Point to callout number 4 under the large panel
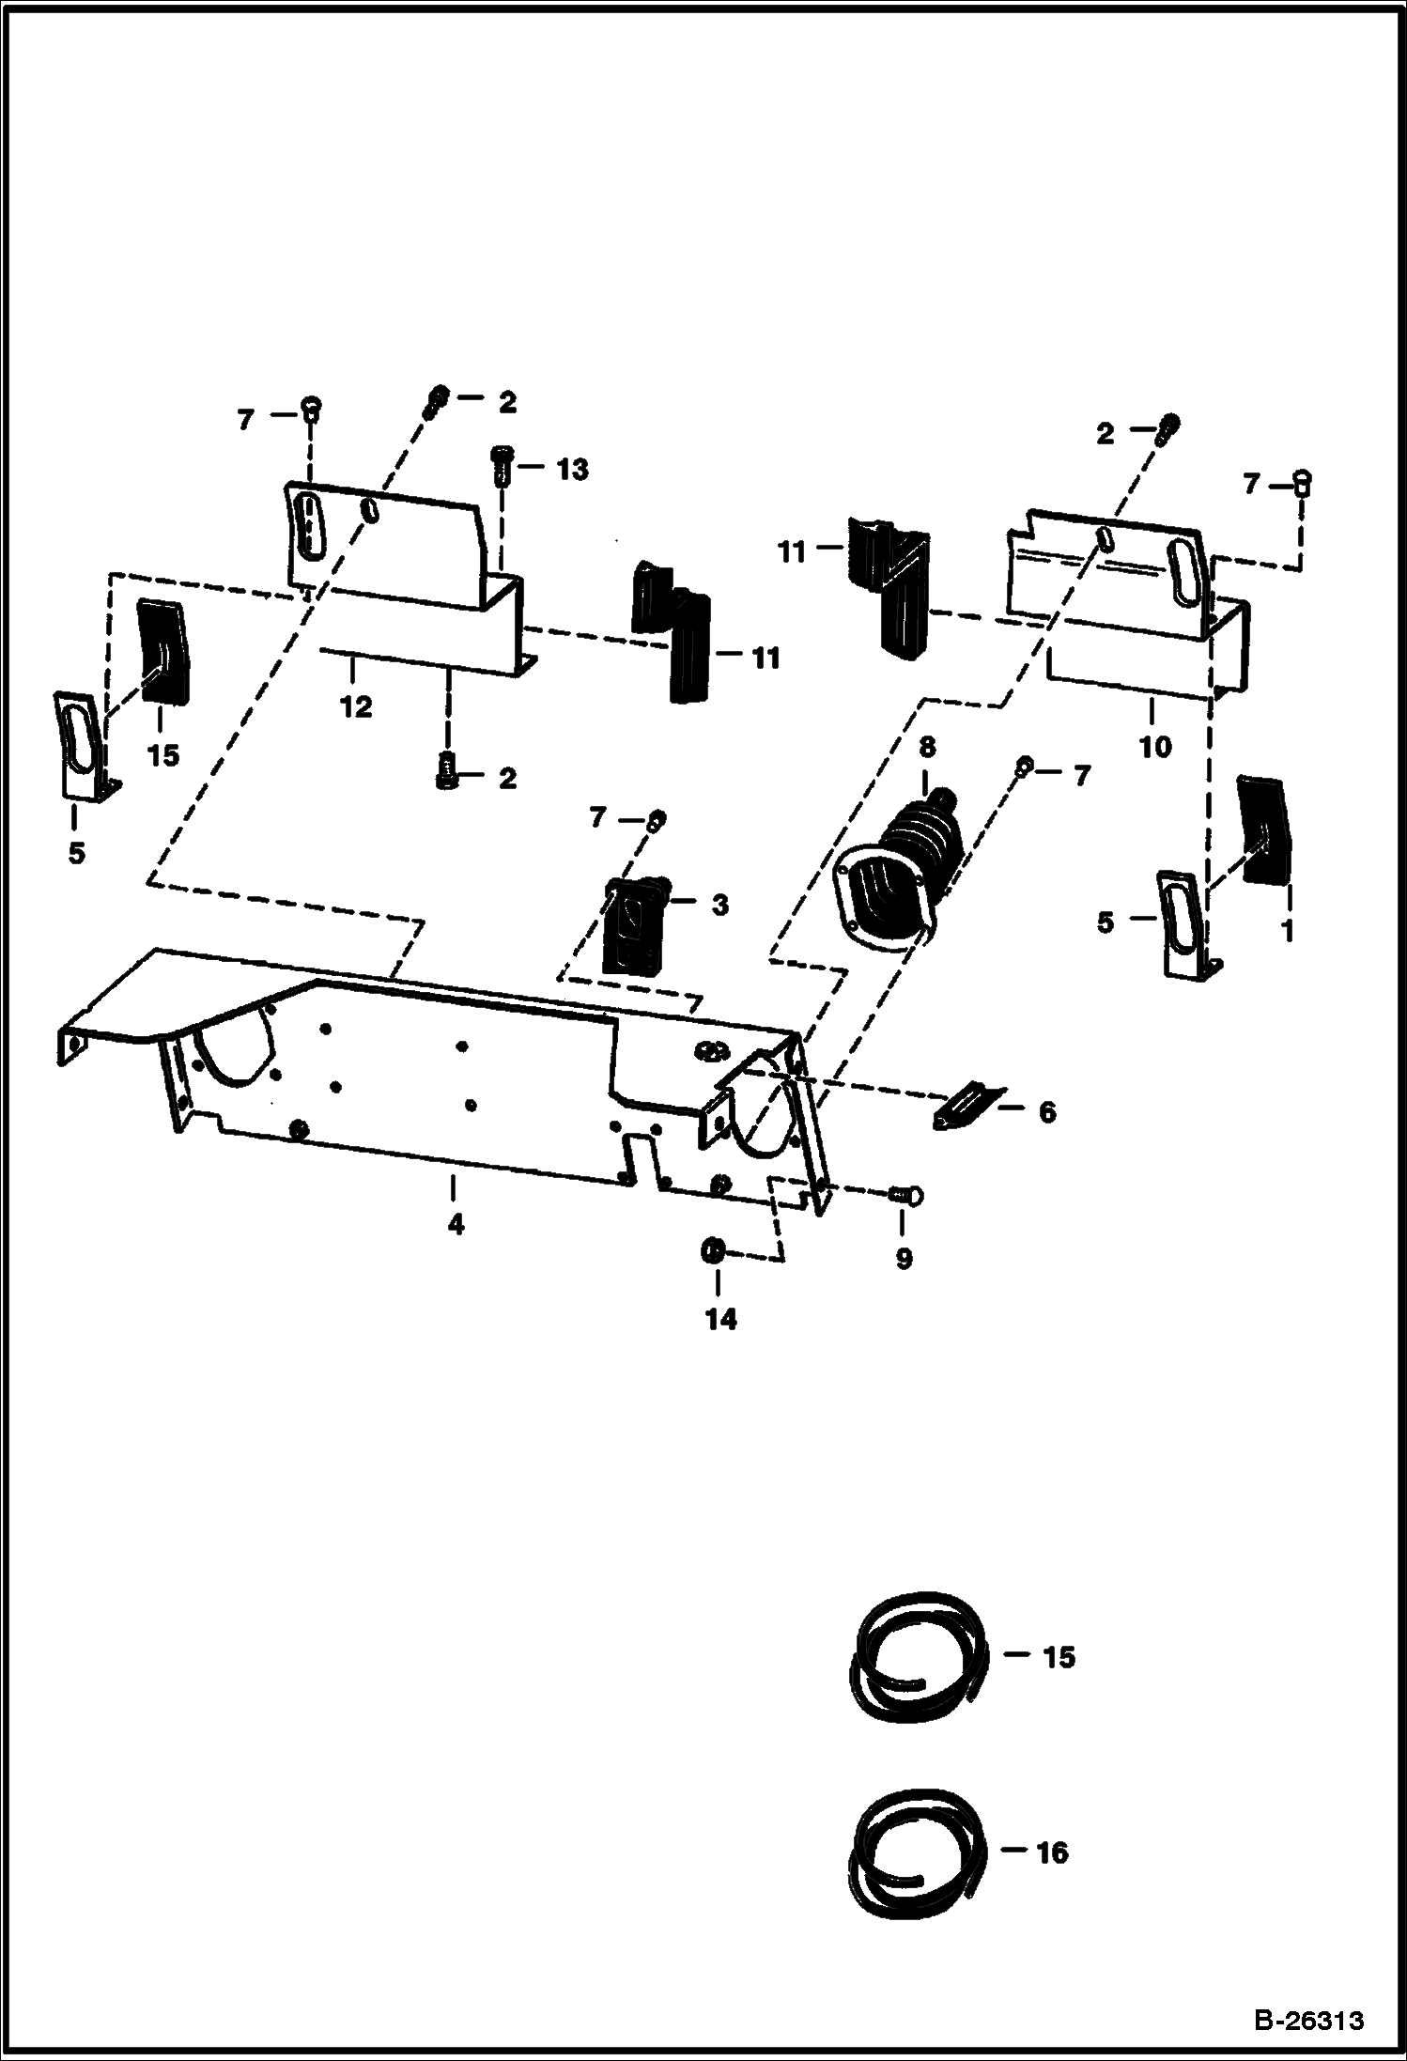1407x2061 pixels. tap(456, 1225)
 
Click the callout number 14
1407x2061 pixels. tap(721, 1319)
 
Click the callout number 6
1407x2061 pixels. tap(1046, 1112)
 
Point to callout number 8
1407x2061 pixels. tap(927, 748)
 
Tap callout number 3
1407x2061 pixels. tap(719, 906)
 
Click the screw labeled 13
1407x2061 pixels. tap(501, 464)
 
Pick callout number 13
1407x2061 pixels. tap(572, 469)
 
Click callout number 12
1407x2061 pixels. tap(356, 706)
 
